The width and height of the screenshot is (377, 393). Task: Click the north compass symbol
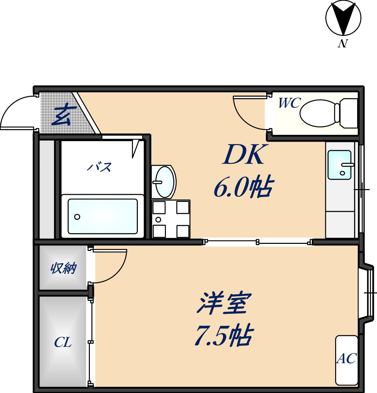coord(343,18)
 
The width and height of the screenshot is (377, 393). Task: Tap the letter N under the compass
coord(343,44)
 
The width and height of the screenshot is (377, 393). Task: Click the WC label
coord(289,103)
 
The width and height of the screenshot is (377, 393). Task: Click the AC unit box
coord(346,360)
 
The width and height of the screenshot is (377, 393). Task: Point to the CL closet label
coord(63,343)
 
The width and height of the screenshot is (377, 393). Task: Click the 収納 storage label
coord(63,269)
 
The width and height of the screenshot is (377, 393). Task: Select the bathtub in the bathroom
coord(103,216)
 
